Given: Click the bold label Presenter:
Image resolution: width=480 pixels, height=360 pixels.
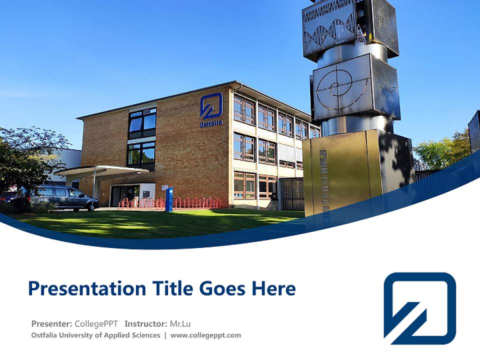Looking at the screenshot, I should click(51, 323).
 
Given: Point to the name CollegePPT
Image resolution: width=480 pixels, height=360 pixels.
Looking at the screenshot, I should click(96, 323).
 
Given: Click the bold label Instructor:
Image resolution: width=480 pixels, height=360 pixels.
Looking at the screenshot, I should click(146, 323).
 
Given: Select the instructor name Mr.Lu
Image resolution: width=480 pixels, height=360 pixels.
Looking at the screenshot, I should click(180, 323).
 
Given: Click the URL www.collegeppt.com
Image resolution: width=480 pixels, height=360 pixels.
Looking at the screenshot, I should click(205, 335).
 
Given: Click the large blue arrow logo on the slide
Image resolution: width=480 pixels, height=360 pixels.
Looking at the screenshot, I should click(419, 308).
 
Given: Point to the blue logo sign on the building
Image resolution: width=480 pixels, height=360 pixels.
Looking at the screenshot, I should click(211, 105).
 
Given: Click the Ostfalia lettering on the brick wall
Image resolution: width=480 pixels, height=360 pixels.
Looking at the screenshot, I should click(211, 123).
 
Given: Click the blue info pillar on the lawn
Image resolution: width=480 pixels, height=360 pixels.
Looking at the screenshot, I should click(169, 199).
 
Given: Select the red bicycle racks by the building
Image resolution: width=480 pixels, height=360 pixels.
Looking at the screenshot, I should click(170, 202).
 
